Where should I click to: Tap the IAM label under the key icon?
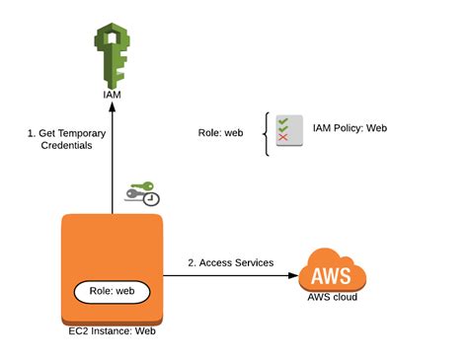point(113,98)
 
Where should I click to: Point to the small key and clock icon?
point(141,193)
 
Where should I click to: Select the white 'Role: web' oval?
point(113,293)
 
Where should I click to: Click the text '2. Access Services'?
point(230,262)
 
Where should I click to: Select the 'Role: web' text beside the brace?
point(221,131)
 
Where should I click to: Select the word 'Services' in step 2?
point(252,262)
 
